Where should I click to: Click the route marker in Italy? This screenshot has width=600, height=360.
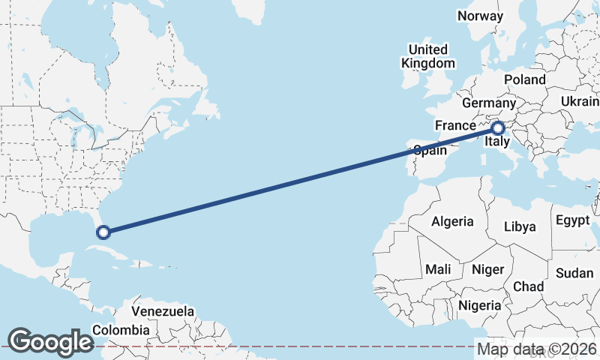(497, 129)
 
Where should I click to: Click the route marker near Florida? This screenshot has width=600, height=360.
(103, 232)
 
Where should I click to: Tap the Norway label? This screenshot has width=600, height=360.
(480, 16)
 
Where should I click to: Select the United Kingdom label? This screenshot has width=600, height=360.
(427, 56)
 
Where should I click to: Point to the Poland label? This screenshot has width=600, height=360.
(525, 79)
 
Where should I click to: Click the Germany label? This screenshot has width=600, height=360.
(489, 103)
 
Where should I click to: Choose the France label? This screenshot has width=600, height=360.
(455, 125)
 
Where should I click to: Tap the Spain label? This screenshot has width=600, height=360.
(430, 150)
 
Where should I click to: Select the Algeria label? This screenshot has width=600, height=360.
(452, 221)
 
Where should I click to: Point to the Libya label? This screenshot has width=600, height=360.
(520, 226)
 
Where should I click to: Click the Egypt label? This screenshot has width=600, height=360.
(574, 220)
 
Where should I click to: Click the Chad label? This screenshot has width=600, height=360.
(528, 286)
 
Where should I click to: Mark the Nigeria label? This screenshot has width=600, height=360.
(479, 305)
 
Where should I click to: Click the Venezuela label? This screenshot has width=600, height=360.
(163, 310)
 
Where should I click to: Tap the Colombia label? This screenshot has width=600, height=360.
(121, 329)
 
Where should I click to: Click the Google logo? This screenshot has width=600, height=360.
(50, 341)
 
